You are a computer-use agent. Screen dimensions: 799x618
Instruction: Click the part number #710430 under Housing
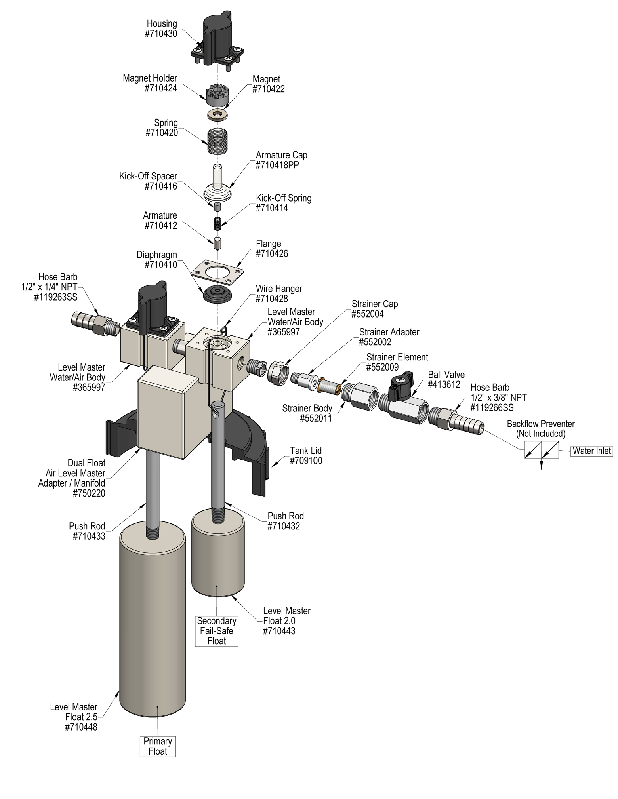click(161, 34)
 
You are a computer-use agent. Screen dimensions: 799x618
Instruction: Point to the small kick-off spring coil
click(217, 223)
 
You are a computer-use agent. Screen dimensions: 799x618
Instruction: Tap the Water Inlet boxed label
click(592, 451)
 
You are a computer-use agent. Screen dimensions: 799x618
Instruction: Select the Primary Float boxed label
click(158, 746)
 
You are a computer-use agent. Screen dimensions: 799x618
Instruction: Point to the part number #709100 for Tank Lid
click(306, 460)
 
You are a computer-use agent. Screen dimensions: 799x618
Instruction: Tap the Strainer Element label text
click(397, 357)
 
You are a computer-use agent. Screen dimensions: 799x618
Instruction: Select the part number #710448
click(81, 727)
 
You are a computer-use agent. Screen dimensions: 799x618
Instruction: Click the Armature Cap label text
click(281, 155)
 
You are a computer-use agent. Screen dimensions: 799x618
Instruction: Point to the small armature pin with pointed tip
click(217, 243)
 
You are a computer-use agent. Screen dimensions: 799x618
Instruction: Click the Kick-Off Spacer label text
click(148, 176)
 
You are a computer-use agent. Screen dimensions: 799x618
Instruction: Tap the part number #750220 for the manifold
click(89, 493)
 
